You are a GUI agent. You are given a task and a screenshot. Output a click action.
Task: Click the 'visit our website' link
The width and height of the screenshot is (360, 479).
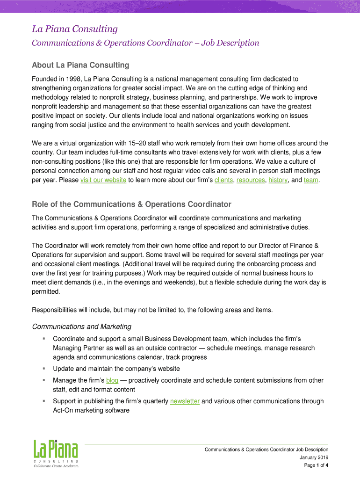(103, 180)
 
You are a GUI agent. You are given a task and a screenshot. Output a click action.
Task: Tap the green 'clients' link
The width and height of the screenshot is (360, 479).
(223, 180)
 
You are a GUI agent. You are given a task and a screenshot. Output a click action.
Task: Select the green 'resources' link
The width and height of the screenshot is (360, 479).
(251, 180)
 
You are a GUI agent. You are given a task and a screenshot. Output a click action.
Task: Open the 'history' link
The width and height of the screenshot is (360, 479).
(278, 180)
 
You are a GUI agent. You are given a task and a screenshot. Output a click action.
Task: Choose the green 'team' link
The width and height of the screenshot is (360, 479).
(311, 180)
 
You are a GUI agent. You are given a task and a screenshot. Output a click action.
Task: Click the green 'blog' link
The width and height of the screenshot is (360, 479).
(112, 380)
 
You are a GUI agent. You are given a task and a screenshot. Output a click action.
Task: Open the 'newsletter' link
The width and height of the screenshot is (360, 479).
(185, 401)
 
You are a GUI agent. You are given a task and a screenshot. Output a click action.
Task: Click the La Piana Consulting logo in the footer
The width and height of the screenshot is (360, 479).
(55, 450)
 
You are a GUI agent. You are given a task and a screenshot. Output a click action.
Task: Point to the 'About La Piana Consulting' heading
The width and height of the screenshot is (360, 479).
(80, 65)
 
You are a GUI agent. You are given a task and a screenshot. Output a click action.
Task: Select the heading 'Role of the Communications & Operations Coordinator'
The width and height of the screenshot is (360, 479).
(131, 204)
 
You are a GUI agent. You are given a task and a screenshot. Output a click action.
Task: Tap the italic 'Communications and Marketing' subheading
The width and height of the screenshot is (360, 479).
(81, 327)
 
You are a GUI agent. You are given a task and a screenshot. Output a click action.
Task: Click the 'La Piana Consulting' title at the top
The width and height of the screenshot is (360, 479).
(74, 29)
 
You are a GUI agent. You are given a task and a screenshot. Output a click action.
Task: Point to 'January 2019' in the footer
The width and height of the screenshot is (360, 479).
(314, 457)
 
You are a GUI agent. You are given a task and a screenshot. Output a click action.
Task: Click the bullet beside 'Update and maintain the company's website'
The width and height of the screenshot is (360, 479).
(43, 368)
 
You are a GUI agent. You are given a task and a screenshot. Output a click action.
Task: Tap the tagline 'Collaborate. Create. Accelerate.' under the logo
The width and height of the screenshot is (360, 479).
(55, 466)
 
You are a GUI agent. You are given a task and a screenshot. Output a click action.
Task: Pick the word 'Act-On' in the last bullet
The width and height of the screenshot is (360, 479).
(64, 410)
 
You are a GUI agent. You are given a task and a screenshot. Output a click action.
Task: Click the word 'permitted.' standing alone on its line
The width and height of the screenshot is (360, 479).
(46, 291)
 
